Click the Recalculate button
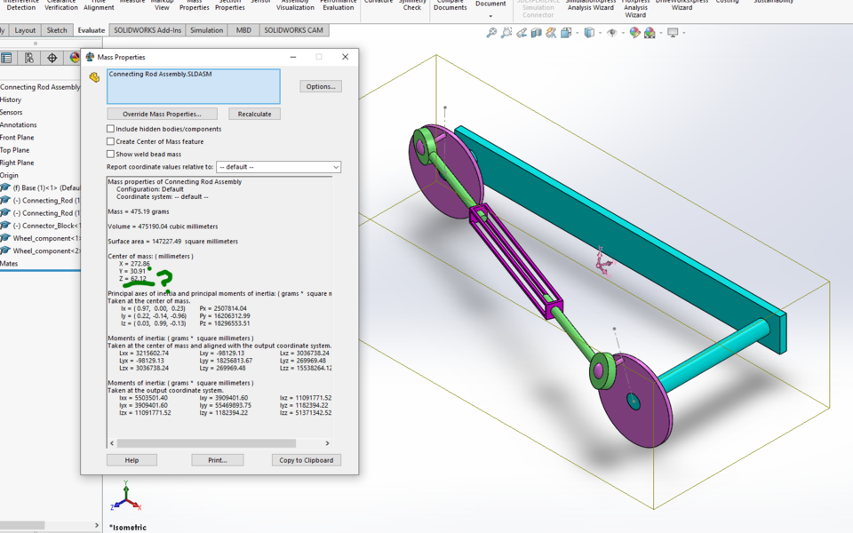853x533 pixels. tap(255, 114)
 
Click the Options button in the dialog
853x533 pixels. tap(320, 86)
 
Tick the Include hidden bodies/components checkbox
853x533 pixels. tap(111, 129)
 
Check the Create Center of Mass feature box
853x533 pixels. tap(111, 141)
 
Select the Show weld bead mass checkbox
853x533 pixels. tap(111, 154)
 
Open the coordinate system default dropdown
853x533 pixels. tap(278, 167)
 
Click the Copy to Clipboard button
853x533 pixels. tap(306, 460)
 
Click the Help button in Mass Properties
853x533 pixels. tap(132, 460)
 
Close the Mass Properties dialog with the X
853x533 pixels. tap(345, 57)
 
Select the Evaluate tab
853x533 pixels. tap(91, 30)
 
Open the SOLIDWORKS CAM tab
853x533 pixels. tap(294, 30)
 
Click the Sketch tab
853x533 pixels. tap(57, 30)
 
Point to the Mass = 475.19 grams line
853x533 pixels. tap(139, 211)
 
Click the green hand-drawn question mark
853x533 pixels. tap(163, 281)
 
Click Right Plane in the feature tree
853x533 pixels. tap(18, 163)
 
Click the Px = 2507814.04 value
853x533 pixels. tap(223, 308)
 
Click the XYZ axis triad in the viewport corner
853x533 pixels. tap(126, 498)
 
